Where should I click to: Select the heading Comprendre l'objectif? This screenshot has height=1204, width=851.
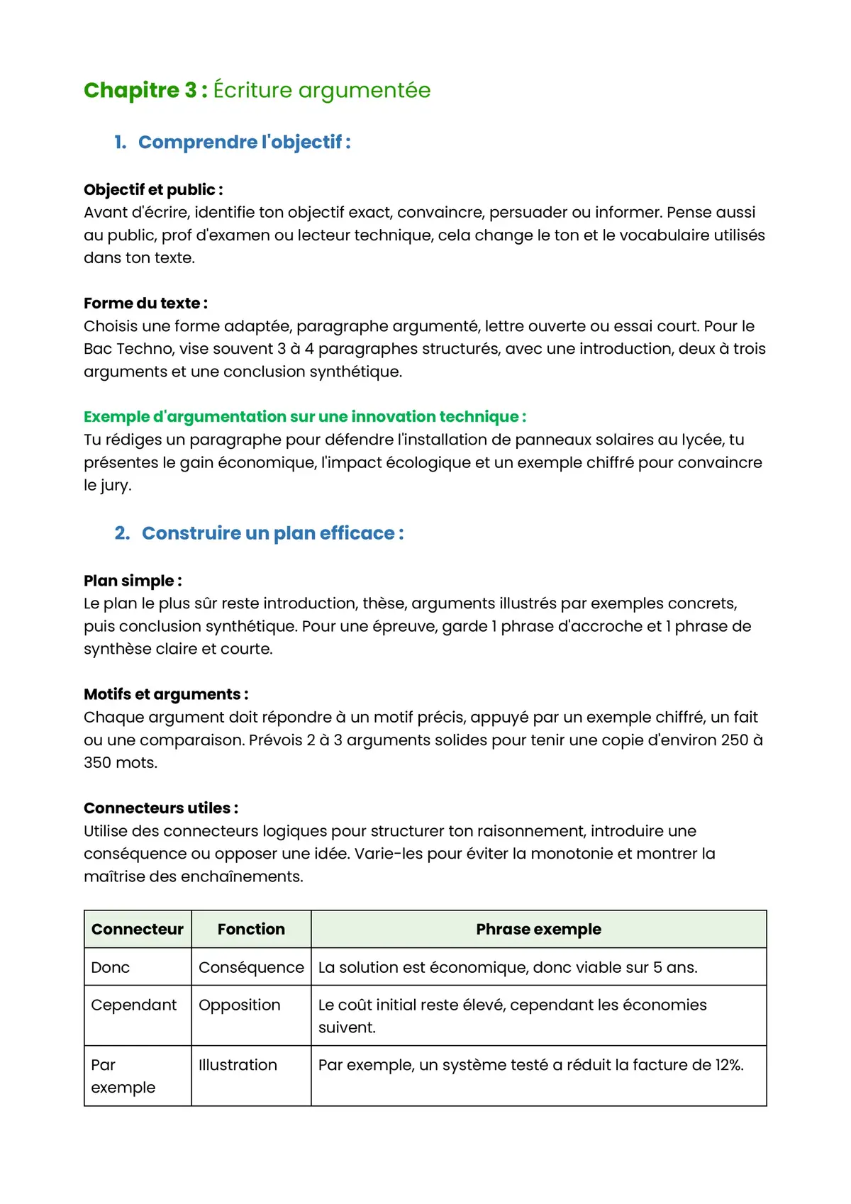(x=244, y=143)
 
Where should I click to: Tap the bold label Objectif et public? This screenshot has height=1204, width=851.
(x=153, y=190)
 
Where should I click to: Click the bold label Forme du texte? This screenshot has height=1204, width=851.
(x=145, y=303)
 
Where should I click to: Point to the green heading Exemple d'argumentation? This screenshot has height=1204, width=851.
(x=305, y=417)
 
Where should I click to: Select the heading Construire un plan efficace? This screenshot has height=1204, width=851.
(x=272, y=533)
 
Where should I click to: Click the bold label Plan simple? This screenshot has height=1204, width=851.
(x=133, y=581)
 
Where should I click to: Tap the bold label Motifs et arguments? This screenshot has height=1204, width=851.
(x=166, y=694)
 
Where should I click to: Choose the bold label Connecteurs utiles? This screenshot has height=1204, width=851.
(x=161, y=808)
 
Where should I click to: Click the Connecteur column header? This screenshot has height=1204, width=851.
(x=138, y=930)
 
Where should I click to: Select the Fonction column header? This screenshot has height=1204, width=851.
(x=251, y=930)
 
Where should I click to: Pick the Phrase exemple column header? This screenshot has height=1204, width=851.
(x=538, y=930)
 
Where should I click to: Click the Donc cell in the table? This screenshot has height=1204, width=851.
(x=111, y=968)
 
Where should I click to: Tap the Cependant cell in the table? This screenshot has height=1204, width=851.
(x=134, y=1005)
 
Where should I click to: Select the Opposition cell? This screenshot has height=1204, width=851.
(x=240, y=1005)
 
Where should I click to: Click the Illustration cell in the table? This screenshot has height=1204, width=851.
(x=238, y=1065)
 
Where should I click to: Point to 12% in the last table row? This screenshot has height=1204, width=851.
(x=728, y=1065)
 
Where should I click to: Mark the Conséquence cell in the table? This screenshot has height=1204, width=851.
(x=251, y=968)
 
